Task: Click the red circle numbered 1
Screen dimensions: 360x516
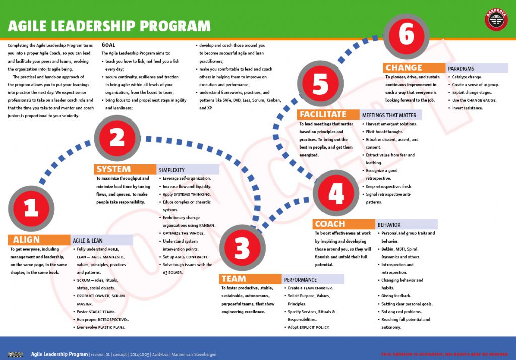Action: (x=31, y=208)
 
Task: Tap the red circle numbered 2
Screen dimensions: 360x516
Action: (x=117, y=137)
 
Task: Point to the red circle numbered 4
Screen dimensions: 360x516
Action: (x=336, y=193)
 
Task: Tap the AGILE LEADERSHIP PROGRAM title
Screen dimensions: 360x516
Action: (x=109, y=26)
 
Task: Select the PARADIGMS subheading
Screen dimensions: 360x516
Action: (x=461, y=68)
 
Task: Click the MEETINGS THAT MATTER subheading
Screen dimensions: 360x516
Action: (x=390, y=115)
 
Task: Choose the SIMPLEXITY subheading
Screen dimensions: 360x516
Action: (x=172, y=170)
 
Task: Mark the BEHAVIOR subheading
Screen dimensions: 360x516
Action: (x=389, y=225)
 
